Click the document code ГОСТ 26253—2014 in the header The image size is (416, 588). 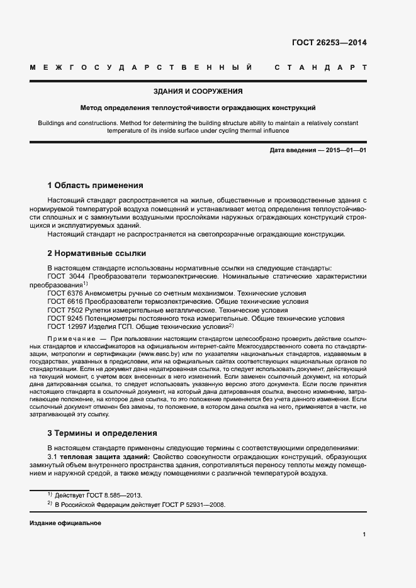tap(329, 43)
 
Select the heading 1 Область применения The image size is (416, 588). tap(95, 186)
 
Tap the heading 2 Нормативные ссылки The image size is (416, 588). tap(97, 253)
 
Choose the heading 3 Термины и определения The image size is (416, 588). tap(103, 433)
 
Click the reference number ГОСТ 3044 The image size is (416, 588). tap(67, 277)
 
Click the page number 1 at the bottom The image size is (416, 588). tap(364, 535)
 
